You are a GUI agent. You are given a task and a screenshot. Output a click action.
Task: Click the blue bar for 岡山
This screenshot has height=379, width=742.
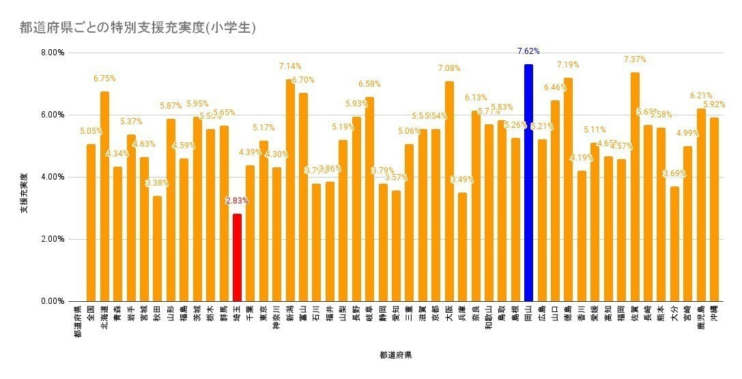(x=528, y=183)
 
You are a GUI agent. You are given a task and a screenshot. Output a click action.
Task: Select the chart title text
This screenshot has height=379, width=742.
(x=138, y=28)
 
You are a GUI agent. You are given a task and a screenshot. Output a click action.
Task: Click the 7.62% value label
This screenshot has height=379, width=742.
(x=528, y=51)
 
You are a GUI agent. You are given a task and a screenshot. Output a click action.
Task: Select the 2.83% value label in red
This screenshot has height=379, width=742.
(x=237, y=201)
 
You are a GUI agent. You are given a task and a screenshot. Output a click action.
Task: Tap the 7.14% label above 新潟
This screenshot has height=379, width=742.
(x=290, y=66)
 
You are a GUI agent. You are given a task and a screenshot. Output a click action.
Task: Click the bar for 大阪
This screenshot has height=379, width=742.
(x=449, y=191)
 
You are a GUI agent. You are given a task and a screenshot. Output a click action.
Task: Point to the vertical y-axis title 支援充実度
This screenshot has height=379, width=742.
(x=23, y=193)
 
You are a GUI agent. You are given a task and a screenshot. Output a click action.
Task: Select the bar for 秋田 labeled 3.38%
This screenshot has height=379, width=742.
(x=157, y=249)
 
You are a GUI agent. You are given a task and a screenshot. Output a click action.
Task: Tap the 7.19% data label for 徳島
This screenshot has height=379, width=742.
(x=568, y=65)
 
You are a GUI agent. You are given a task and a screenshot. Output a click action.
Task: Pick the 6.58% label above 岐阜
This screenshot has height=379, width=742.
(x=369, y=84)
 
